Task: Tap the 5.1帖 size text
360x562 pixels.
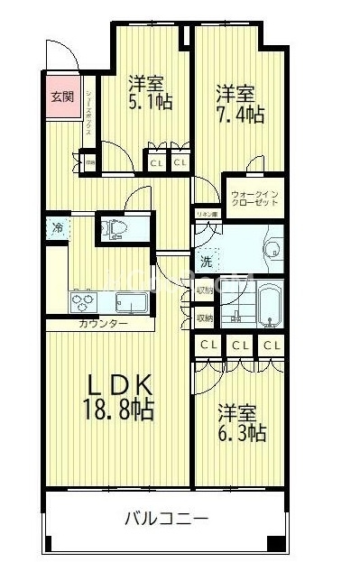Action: (150, 103)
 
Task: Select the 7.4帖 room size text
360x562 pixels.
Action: (239, 115)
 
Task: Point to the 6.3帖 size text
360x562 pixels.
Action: (241, 433)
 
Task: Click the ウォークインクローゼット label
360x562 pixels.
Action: (254, 198)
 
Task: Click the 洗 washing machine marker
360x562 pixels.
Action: (208, 262)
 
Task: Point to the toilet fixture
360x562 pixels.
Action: (116, 229)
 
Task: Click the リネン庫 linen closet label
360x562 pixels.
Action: (207, 215)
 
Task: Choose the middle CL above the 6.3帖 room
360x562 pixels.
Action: (240, 345)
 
